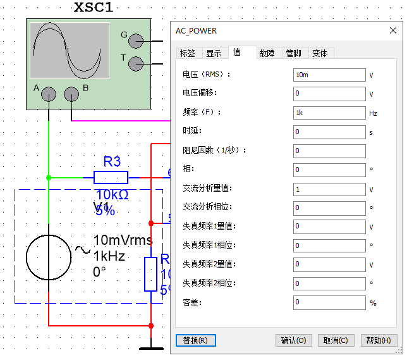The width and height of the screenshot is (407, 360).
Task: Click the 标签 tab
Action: tap(188, 53)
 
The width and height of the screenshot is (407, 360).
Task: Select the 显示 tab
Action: tap(214, 53)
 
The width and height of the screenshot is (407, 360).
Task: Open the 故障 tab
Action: tap(267, 53)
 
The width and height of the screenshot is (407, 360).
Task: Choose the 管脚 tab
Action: tap(293, 53)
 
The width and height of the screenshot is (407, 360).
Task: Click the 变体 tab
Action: tap(320, 53)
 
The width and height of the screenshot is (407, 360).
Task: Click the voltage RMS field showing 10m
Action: tap(329, 75)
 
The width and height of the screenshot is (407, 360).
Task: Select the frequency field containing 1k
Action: tap(329, 113)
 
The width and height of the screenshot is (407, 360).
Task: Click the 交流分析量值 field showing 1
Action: tap(329, 189)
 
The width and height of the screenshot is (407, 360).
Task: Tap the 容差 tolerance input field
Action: tap(329, 302)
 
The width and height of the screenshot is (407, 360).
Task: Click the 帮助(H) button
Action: tap(379, 340)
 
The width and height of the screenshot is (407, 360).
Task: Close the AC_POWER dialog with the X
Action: tap(392, 30)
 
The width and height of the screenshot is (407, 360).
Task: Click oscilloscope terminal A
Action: tap(49, 94)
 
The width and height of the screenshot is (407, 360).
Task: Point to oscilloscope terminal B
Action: tap(72, 94)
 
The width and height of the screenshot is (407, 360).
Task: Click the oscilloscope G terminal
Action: tap(135, 41)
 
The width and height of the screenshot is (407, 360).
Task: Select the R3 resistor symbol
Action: tap(111, 177)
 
